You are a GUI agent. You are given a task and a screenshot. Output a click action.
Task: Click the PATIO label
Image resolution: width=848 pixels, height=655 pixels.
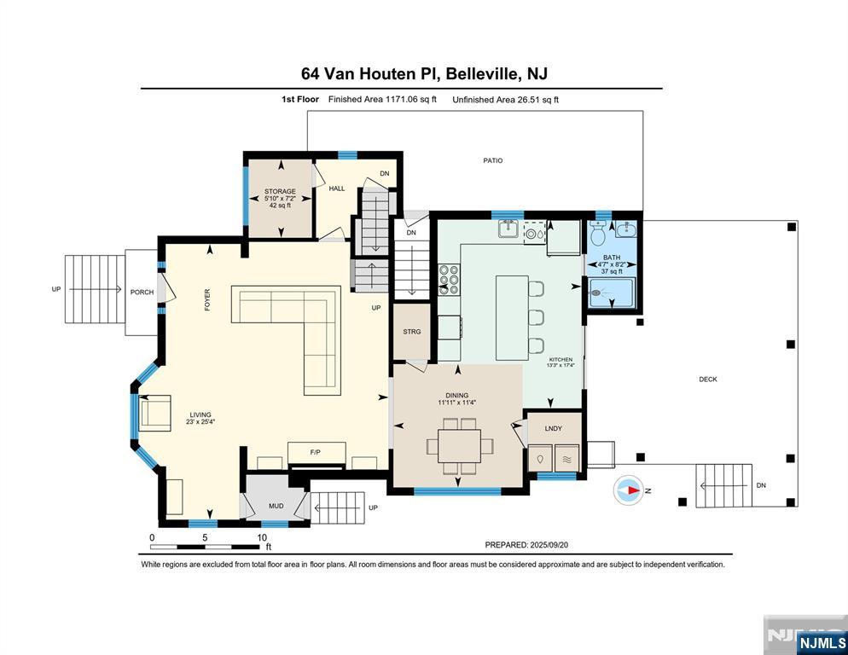click(493, 160)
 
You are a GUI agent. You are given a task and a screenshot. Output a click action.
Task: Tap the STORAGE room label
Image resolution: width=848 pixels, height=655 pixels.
click(280, 192)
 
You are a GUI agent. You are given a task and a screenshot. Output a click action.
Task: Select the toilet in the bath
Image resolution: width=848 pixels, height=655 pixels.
click(598, 232)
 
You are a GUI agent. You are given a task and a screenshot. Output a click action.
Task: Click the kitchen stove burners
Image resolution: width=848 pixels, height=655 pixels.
click(449, 279)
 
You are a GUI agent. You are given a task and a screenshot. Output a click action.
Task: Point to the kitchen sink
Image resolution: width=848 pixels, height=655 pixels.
click(508, 229)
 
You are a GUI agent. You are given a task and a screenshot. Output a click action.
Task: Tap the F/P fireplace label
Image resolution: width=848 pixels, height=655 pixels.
click(315, 451)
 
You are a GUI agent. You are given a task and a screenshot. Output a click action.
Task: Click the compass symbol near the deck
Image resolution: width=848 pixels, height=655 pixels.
click(629, 490)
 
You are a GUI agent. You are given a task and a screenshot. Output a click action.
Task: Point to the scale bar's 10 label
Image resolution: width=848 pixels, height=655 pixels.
click(262, 538)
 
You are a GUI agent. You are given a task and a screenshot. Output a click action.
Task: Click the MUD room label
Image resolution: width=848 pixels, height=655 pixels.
click(276, 506)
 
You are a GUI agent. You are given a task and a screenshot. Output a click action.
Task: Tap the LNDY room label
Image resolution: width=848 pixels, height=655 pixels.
click(553, 428)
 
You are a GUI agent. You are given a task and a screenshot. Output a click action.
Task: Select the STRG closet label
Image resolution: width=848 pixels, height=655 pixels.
click(412, 332)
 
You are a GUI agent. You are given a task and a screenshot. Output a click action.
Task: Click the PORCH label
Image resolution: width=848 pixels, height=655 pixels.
click(142, 293)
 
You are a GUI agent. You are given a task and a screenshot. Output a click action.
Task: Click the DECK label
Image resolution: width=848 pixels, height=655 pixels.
click(708, 380)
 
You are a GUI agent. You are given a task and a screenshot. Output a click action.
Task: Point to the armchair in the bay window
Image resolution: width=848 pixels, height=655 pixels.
click(155, 413)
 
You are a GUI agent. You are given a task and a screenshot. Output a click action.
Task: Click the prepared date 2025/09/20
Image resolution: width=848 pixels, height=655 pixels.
click(556, 545)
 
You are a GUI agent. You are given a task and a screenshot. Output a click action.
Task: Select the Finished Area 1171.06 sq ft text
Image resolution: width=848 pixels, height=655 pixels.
click(382, 100)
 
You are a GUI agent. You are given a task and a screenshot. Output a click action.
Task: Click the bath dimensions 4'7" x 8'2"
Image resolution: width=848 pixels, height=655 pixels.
click(611, 264)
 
